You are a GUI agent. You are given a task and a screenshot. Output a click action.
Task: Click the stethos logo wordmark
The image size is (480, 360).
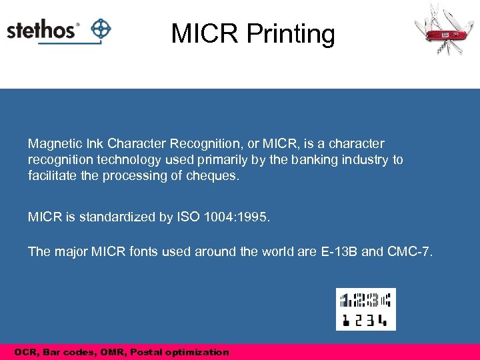point(42,31)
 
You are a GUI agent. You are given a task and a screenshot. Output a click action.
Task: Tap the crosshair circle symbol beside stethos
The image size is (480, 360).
point(100,29)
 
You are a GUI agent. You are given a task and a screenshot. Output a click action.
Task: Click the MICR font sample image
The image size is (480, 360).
point(365,309)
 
